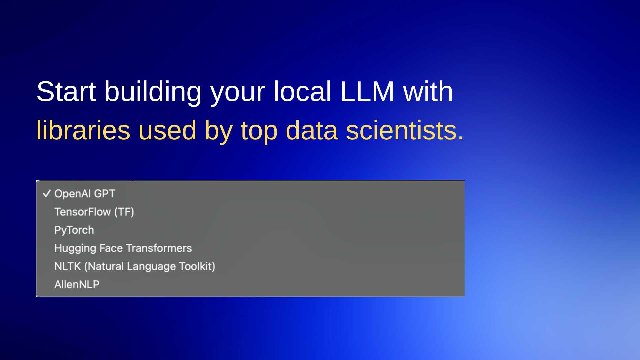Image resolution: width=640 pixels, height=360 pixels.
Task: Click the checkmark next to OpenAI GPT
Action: click(47, 194)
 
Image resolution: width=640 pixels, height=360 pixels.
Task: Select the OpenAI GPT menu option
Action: click(85, 194)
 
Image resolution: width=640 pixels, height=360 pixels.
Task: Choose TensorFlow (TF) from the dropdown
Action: click(94, 212)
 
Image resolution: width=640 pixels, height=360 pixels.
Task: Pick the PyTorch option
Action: click(74, 230)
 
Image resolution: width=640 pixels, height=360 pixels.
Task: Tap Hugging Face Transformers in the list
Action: click(123, 248)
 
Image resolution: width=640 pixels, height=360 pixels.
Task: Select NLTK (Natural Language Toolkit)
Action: click(135, 267)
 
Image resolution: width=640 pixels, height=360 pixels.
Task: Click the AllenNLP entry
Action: click(77, 284)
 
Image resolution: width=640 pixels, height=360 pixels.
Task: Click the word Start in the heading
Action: click(66, 91)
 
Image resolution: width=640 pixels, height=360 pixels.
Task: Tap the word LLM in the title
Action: click(367, 91)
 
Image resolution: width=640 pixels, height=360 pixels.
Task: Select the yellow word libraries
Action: click(83, 130)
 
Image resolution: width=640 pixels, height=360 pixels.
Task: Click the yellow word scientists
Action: click(405, 130)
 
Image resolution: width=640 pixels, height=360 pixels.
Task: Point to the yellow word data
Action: click(312, 130)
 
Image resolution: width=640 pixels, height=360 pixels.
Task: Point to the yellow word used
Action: click(167, 130)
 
